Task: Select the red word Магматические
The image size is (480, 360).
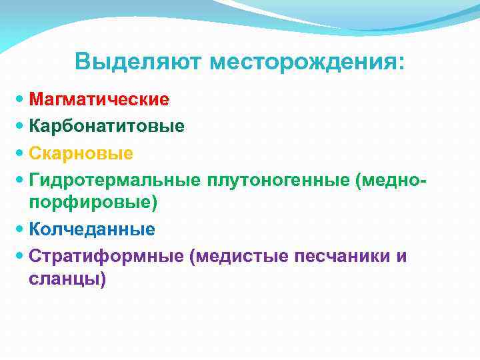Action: pyautogui.click(x=99, y=99)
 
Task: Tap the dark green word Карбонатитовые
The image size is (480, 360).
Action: pyautogui.click(x=107, y=126)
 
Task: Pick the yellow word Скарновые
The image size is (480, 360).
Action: pyautogui.click(x=81, y=153)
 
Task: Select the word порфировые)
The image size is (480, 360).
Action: pyautogui.click(x=93, y=202)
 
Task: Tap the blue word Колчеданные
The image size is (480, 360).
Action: pyautogui.click(x=92, y=229)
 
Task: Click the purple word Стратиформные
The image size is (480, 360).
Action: pyautogui.click(x=107, y=256)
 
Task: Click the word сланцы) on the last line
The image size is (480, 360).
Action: pyautogui.click(x=67, y=279)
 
